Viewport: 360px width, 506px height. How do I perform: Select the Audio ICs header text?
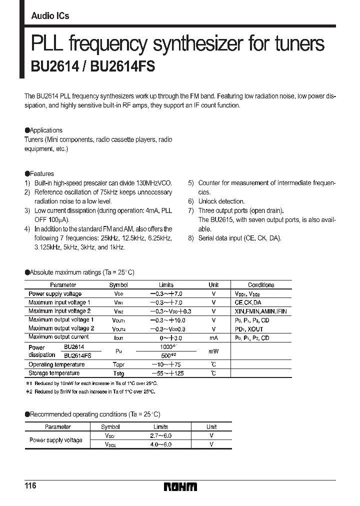pos(50,16)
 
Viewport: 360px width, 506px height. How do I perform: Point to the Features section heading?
pos(42,173)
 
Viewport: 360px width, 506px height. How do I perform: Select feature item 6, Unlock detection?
pos(218,201)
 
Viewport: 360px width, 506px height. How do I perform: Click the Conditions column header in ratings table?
pos(261,285)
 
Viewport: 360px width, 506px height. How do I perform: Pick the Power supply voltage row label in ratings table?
pos(55,294)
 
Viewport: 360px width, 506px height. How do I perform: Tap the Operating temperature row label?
pos(56,364)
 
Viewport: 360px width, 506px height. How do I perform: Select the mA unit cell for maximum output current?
pos(213,337)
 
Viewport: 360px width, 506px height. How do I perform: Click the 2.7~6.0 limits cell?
pos(161,435)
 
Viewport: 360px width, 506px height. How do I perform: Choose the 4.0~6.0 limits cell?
pos(161,444)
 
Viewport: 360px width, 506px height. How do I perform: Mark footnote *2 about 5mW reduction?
pos(90,391)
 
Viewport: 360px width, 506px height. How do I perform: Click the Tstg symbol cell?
pos(118,373)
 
